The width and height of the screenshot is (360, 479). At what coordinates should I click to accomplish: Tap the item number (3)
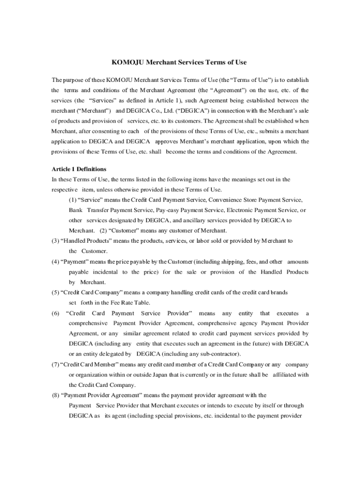(x=55, y=241)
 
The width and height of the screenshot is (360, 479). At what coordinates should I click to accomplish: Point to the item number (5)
(x=55, y=292)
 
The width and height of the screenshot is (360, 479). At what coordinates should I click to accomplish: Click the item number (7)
(x=55, y=364)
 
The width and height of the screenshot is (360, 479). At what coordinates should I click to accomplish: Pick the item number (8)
(x=56, y=395)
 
